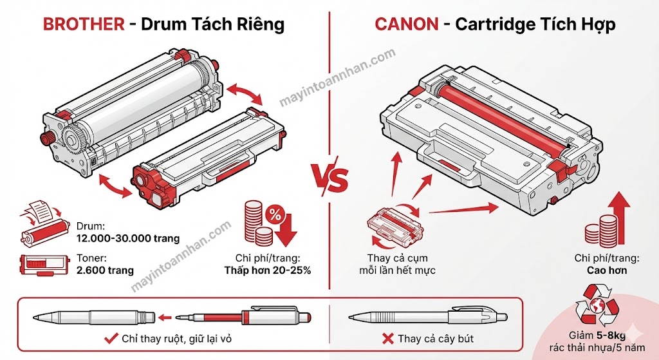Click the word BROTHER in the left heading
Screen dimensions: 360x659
(x=83, y=24)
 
